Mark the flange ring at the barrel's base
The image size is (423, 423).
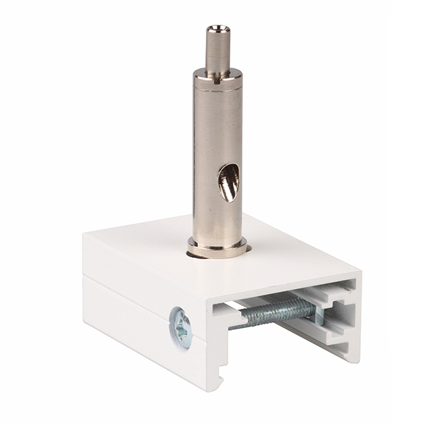[217, 249]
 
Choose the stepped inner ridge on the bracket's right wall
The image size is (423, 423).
[338, 310]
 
